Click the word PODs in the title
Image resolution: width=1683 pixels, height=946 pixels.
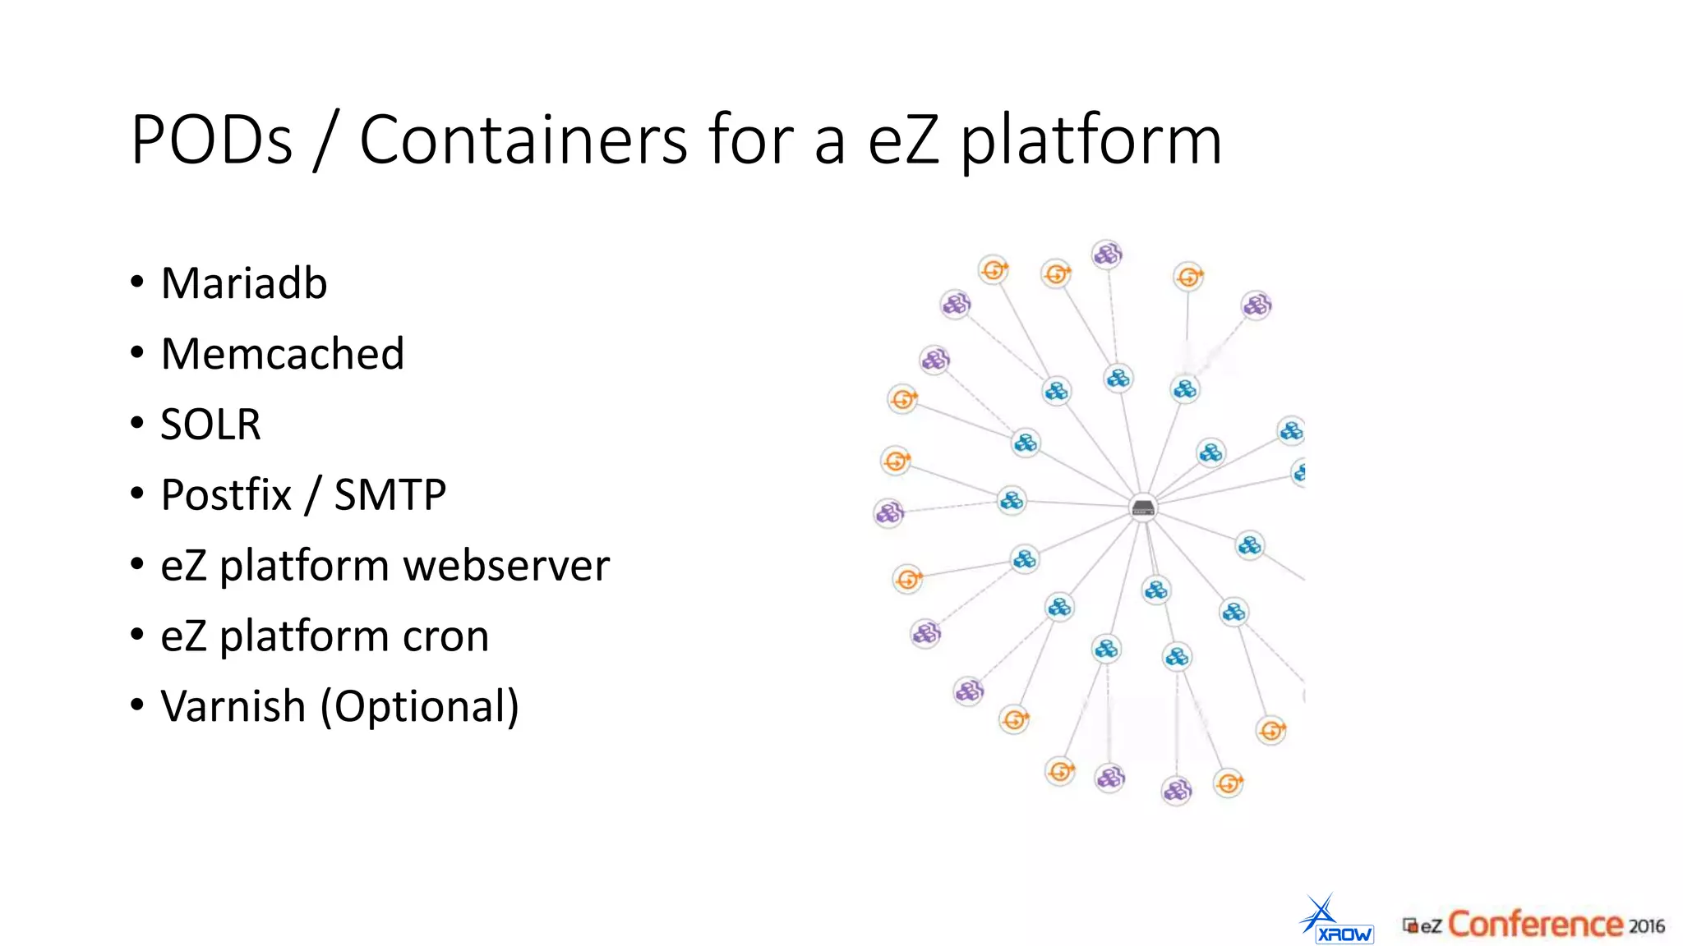(211, 140)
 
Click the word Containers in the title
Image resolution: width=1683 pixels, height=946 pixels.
(523, 140)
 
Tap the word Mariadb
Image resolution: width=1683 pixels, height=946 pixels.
(244, 283)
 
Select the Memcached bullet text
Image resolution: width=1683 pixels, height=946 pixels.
(282, 354)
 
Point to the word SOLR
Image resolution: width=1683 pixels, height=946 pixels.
(210, 425)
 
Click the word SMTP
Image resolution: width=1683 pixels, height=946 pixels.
(390, 495)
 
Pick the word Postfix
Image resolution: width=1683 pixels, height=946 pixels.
(226, 495)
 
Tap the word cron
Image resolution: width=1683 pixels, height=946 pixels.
(445, 636)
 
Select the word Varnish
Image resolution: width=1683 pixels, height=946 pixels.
(233, 706)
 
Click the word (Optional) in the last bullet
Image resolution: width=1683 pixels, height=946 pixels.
(419, 707)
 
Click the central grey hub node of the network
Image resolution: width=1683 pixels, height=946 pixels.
(1143, 507)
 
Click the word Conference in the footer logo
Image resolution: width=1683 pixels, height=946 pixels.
(1533, 925)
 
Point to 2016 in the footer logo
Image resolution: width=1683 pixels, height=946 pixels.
(1646, 926)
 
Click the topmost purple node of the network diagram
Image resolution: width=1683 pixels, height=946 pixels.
(1107, 254)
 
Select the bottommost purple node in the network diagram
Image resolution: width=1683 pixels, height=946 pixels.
(1176, 790)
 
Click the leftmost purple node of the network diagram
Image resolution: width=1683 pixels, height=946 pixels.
(888, 513)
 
